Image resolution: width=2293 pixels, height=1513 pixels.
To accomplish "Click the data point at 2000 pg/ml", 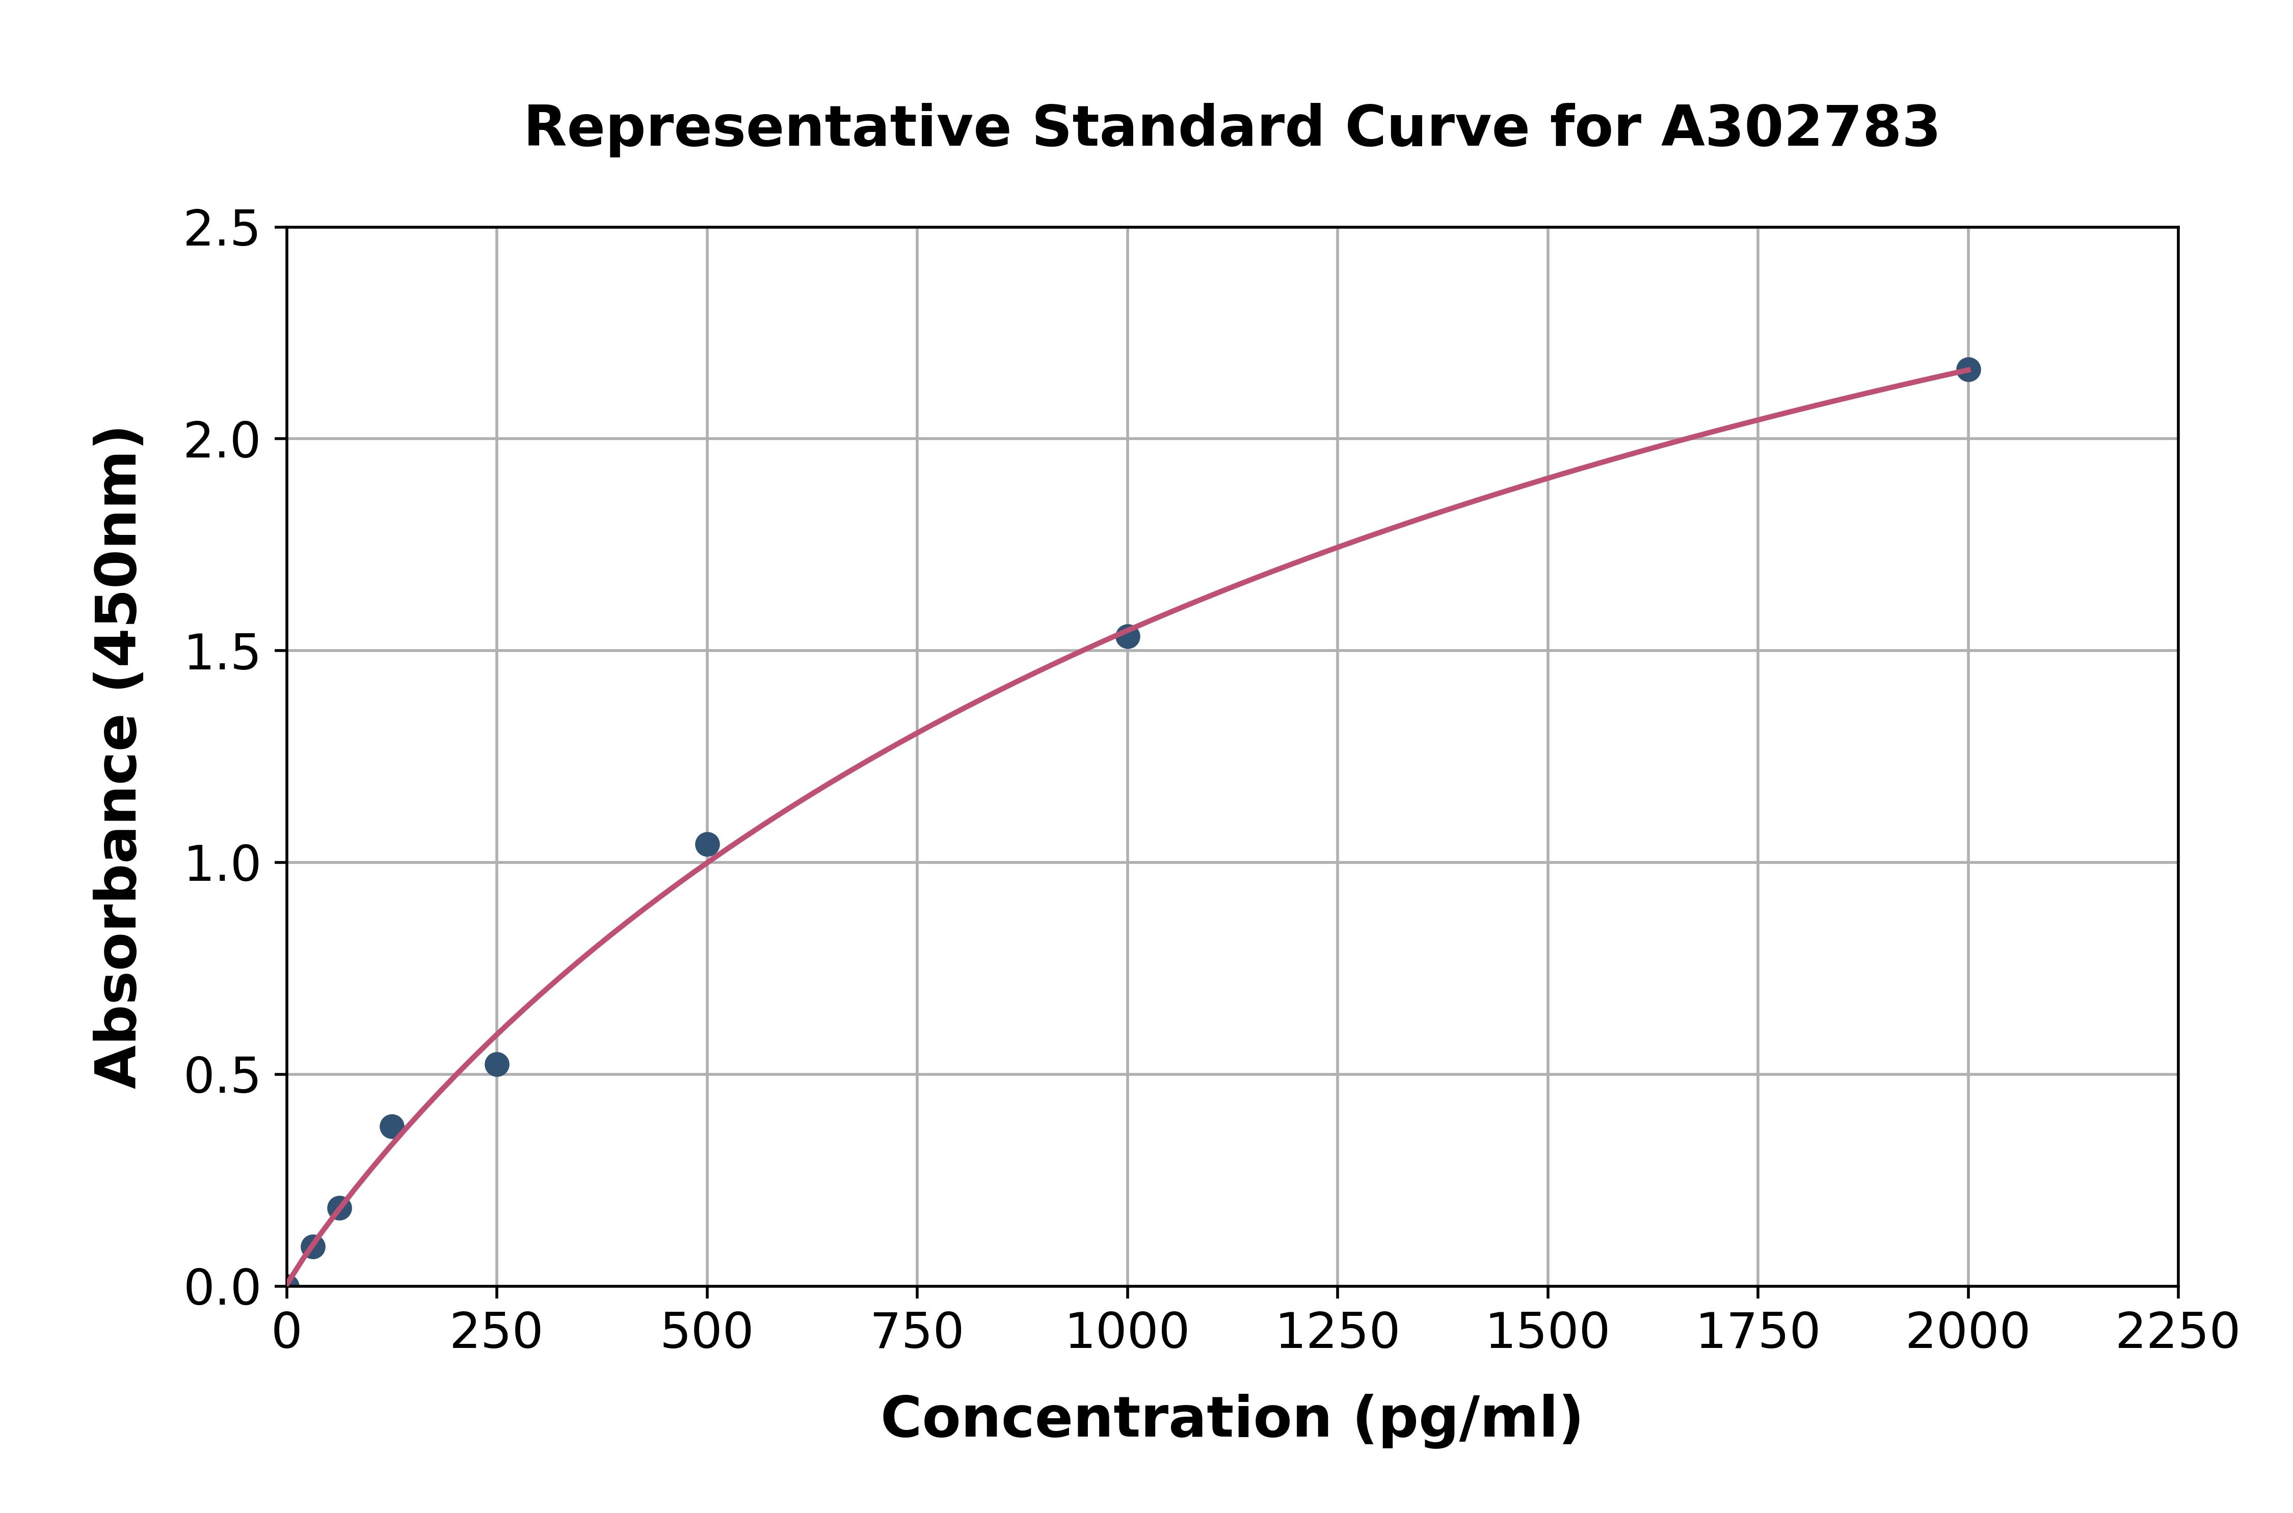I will coord(1968,369).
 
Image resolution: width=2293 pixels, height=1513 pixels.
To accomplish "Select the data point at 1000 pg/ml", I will coord(1127,636).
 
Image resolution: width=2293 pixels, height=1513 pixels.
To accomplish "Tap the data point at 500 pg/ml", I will coord(707,844).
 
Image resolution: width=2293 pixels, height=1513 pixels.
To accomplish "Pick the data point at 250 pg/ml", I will coord(497,1064).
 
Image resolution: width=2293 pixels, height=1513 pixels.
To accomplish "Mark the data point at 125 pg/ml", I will coord(392,1126).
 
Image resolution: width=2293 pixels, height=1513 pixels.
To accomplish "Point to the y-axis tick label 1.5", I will coord(222,652).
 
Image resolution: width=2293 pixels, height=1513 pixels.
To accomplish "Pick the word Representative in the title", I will coord(767,127).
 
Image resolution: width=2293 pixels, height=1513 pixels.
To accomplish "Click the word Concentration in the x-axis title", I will coord(1106,1418).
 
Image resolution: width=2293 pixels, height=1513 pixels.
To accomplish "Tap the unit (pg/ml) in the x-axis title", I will coord(1467,1418).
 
